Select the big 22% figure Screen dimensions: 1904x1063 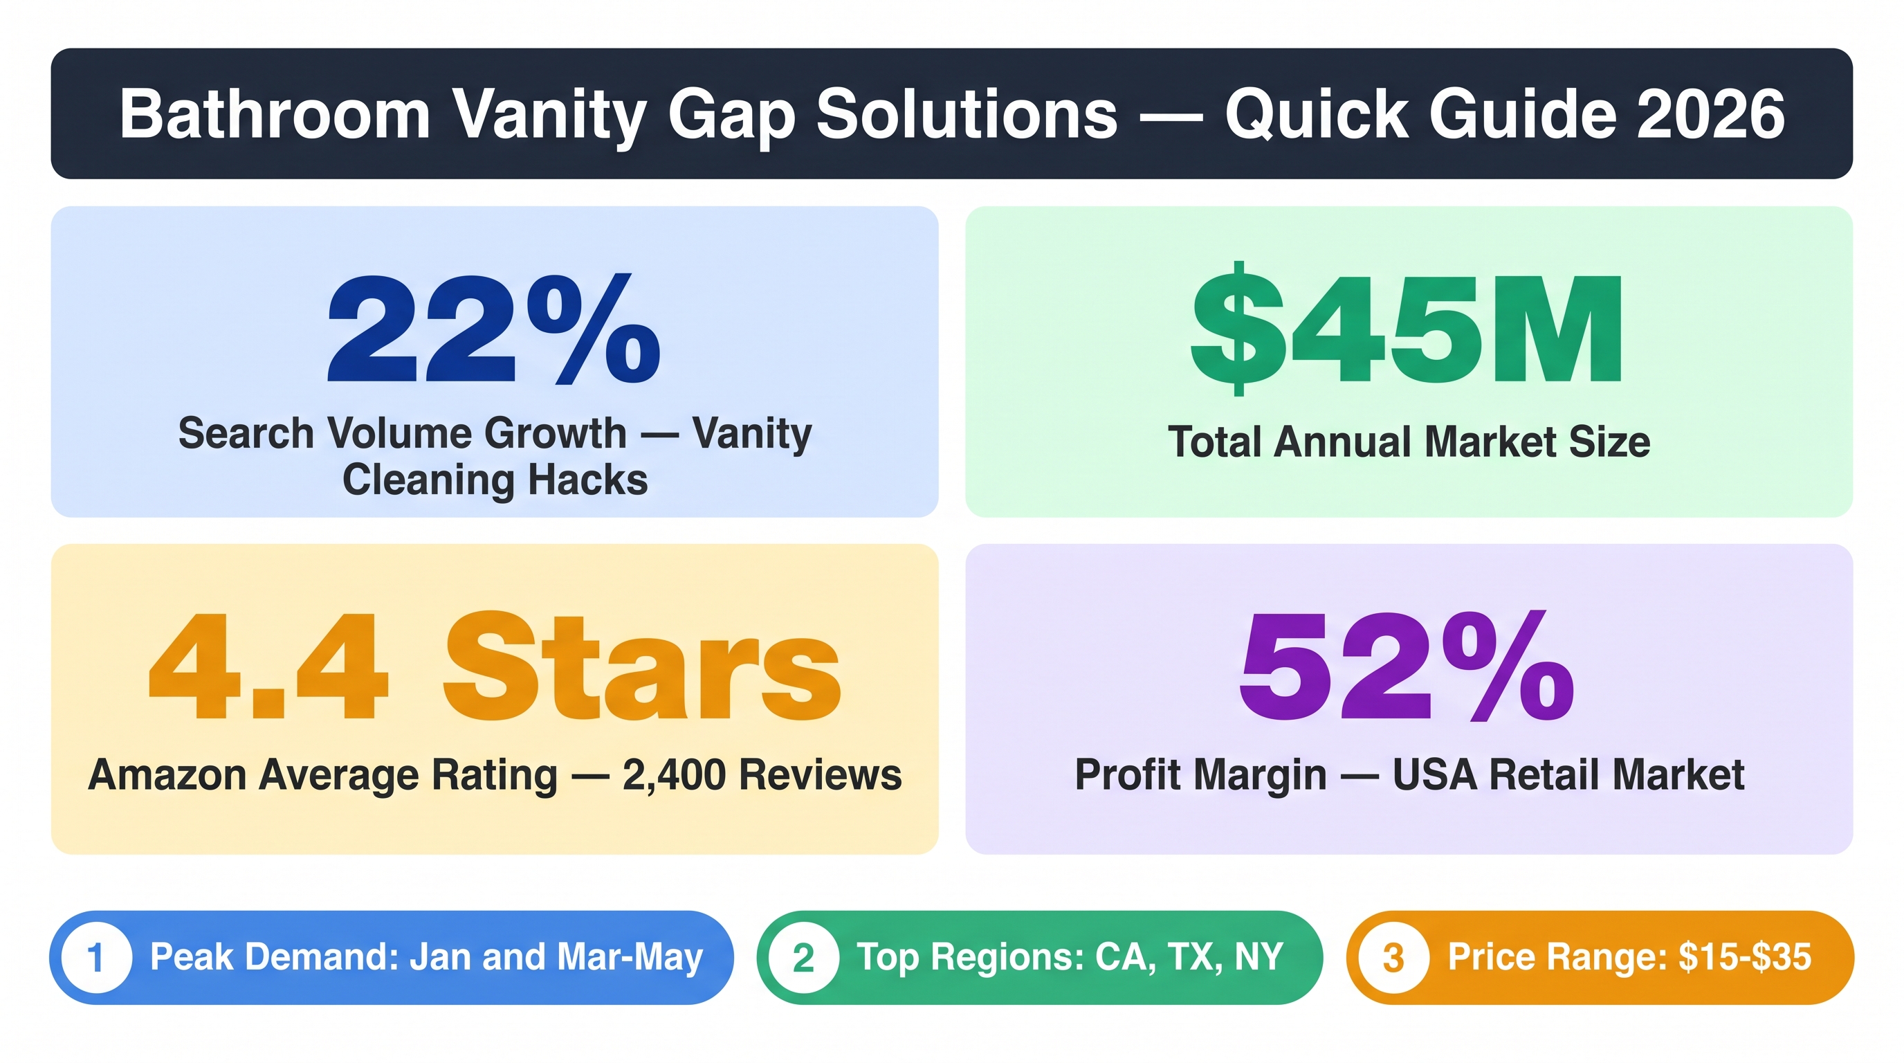(494, 329)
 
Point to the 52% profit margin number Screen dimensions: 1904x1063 (1407, 666)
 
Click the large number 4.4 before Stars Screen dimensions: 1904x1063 (268, 666)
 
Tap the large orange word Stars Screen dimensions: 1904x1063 (641, 666)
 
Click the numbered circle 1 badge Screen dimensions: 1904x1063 (97, 957)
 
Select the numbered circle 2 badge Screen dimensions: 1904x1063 (803, 957)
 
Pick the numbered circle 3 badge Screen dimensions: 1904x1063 (1393, 957)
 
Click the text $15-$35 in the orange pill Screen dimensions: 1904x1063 (1744, 956)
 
